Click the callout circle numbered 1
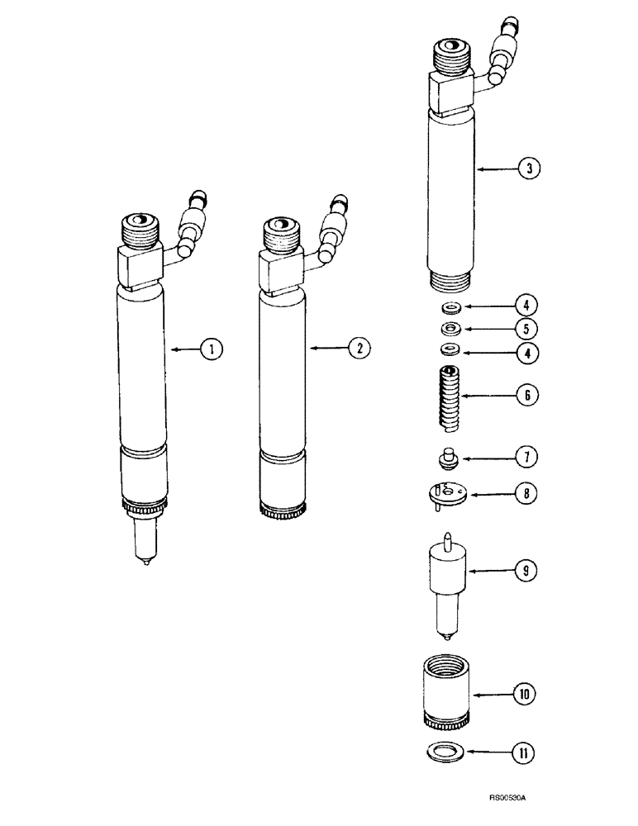coord(212,349)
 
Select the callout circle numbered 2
coord(358,349)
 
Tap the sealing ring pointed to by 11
coord(446,752)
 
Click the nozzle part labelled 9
coord(446,578)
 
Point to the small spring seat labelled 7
coord(447,457)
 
